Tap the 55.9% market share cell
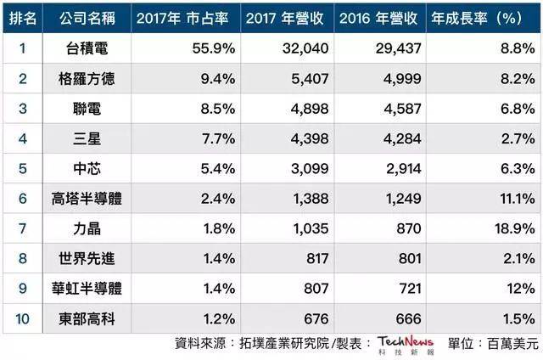pos(207,49)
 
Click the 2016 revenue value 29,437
pos(397,49)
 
